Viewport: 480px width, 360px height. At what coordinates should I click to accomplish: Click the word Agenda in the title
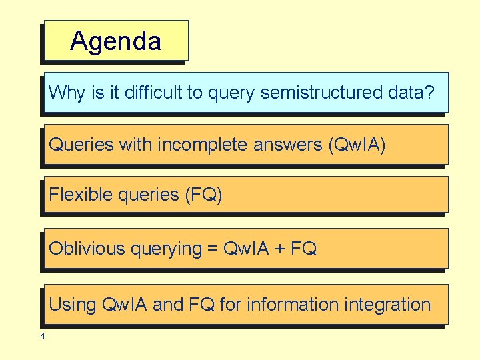coord(115,41)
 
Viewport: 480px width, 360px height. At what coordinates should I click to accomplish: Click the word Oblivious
coord(87,249)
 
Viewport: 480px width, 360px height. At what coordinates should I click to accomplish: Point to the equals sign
coord(213,249)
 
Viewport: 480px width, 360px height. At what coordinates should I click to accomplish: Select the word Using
coord(73,305)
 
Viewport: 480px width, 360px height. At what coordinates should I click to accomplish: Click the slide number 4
coord(43,336)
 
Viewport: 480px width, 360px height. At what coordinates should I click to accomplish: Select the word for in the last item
coord(230,305)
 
